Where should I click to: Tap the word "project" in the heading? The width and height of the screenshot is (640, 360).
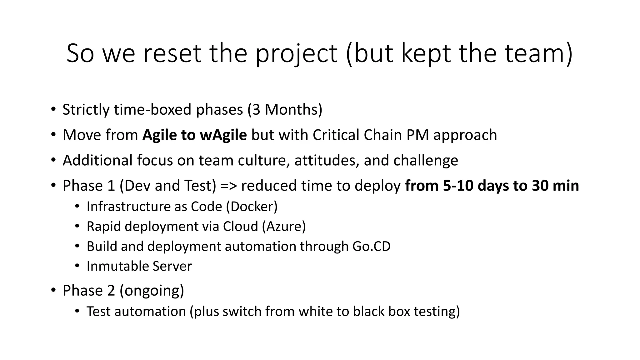coord(296,54)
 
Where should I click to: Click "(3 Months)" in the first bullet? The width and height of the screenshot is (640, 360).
coord(285,110)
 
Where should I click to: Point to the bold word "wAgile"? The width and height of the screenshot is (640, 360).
coord(223,135)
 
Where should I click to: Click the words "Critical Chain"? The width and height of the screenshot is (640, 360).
coord(357,135)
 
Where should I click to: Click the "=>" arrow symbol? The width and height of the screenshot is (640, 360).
coord(229,186)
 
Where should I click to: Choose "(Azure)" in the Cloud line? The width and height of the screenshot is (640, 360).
coord(284,227)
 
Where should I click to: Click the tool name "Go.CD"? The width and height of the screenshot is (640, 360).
coord(371,247)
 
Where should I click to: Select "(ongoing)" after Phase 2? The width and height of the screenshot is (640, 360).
coord(152,291)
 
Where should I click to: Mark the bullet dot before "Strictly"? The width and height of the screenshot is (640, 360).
coord(53,109)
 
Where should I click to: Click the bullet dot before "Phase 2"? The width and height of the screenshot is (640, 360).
coord(53,290)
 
